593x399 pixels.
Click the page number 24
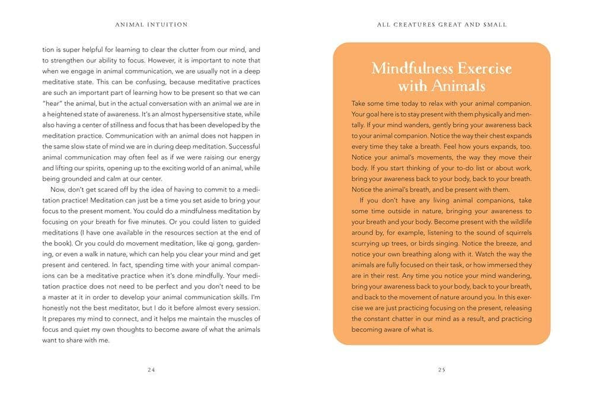pos(151,369)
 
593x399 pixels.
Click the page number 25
pos(441,369)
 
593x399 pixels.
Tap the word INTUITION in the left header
pos(168,25)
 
